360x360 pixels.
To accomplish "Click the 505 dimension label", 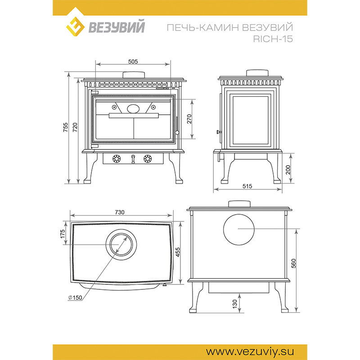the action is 133,62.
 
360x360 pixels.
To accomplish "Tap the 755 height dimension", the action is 66,127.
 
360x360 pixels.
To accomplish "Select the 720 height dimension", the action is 75,127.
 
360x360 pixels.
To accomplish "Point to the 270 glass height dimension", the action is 189,119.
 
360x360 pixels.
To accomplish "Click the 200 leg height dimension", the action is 288,170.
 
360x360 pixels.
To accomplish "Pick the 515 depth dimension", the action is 247,186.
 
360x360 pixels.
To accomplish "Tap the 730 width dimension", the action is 119,212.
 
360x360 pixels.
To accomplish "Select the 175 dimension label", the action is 63,234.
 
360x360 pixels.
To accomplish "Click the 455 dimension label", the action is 178,252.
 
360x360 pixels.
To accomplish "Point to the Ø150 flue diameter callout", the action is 75,297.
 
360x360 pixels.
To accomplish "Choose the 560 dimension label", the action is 294,263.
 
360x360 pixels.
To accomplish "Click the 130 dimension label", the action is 234,304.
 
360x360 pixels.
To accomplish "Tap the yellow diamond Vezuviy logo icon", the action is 75,27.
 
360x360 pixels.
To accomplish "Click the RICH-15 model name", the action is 273,39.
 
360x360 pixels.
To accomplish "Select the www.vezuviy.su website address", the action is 250,351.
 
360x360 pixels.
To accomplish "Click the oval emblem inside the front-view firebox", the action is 133,108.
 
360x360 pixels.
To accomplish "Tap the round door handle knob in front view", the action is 177,132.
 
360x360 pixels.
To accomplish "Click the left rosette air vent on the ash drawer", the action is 117,159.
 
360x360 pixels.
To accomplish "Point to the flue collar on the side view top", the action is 257,73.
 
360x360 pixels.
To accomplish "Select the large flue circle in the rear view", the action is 239,229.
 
